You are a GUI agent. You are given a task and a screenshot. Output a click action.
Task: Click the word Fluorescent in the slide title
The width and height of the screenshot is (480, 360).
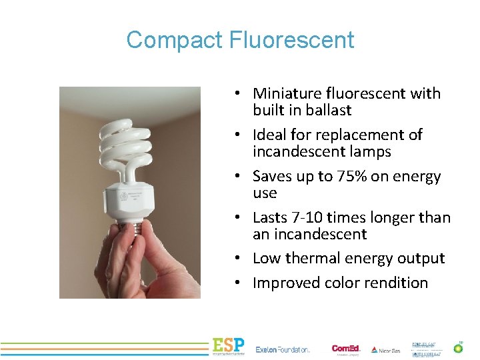click(291, 41)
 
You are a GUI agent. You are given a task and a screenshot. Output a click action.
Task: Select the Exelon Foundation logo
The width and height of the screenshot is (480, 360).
click(283, 349)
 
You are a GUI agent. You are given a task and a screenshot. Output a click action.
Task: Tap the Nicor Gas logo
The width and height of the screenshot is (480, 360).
click(386, 349)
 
